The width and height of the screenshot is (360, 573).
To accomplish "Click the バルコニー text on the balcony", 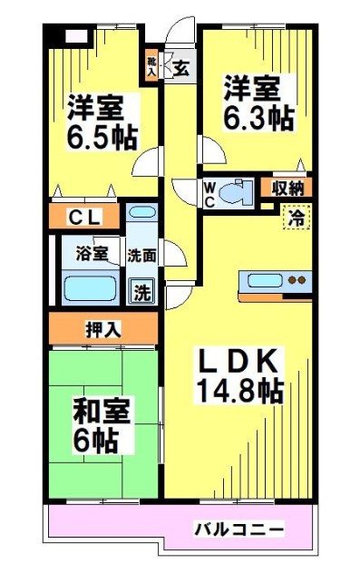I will tap(239, 527).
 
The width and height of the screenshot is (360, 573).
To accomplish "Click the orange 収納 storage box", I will tap(289, 188).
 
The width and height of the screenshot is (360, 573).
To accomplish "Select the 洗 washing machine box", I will tap(143, 292).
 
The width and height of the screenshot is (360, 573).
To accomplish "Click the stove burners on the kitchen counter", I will tap(297, 280).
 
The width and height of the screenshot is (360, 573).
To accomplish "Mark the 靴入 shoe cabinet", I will tap(153, 65).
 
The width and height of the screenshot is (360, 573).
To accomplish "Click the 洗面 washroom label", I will tap(142, 257).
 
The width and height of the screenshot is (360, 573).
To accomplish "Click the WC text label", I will tap(209, 192).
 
